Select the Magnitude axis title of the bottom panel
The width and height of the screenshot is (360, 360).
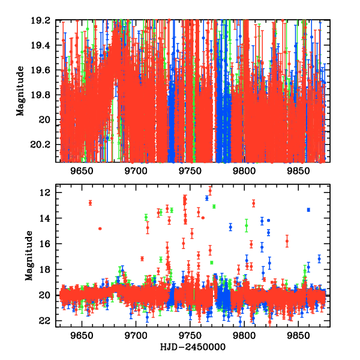point(29,257)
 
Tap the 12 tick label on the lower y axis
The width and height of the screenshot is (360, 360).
point(46,193)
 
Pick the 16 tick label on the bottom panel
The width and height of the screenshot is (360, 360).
point(46,244)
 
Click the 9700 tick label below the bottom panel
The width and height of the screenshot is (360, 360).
point(137,335)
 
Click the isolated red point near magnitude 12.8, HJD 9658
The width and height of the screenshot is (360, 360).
point(90,203)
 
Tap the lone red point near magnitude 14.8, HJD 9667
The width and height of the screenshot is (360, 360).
point(100,229)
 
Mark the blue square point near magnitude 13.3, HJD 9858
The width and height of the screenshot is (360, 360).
point(308,209)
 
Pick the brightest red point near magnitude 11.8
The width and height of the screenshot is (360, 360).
point(210,190)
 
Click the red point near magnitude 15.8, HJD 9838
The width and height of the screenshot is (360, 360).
point(287,241)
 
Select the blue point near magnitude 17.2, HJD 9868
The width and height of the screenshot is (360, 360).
point(319,259)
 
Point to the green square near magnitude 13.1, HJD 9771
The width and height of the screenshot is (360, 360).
point(214,206)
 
